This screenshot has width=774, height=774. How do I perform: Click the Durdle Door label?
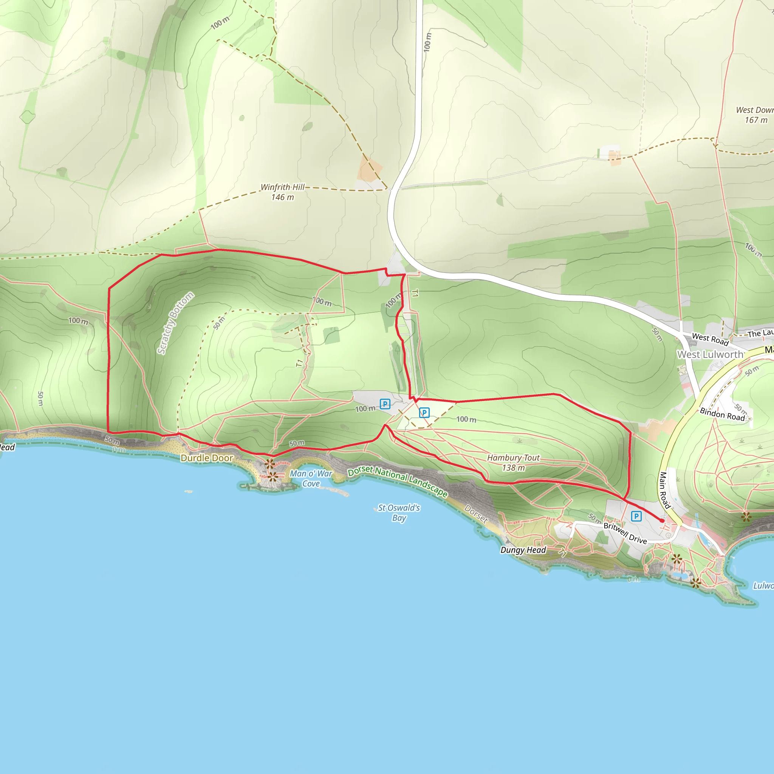207,458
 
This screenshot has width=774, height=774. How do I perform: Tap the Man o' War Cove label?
311,478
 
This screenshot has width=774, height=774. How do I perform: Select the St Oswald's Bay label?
399,513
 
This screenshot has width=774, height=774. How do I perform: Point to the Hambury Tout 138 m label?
513,463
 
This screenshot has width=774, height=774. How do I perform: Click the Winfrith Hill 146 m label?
282,192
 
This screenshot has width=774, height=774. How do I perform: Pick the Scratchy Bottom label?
175,323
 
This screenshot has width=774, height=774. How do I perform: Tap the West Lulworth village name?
710,354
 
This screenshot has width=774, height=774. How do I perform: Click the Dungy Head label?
523,550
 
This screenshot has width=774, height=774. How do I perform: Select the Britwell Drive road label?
625,533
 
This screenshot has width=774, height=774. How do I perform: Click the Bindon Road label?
722,414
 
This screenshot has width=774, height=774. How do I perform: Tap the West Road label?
710,339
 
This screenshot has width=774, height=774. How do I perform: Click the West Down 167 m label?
755,115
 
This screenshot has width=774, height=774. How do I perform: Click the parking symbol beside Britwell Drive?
636,516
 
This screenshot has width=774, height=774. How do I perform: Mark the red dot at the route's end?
662,521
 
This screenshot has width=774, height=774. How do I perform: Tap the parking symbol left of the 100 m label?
385,404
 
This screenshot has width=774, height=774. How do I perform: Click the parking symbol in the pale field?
424,413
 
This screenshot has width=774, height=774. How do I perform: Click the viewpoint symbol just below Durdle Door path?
269,464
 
